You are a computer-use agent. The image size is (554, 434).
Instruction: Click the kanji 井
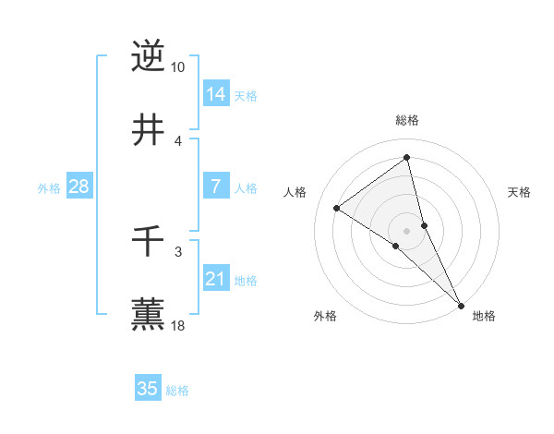[x=148, y=130]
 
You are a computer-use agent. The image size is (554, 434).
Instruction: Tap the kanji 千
[x=148, y=242]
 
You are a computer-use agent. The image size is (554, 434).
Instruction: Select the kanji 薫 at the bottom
[x=148, y=314]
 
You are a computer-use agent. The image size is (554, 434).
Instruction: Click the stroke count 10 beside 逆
[x=178, y=67]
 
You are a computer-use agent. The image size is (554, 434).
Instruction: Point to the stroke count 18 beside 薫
[x=178, y=326]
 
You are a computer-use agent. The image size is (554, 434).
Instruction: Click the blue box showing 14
[x=216, y=94]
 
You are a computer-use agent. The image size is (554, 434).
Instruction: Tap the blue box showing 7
[x=216, y=187]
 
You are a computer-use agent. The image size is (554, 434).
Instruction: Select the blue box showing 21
[x=216, y=279]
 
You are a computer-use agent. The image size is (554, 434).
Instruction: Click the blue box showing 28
[x=79, y=187]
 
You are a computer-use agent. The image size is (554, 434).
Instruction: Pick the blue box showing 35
[x=148, y=389]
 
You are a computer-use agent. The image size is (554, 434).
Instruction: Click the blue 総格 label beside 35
[x=177, y=391]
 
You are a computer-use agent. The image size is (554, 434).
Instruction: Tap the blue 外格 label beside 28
[x=49, y=188]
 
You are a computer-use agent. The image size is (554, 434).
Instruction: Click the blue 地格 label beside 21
[x=246, y=281]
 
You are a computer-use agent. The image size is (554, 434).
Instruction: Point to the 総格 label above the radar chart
[x=407, y=121]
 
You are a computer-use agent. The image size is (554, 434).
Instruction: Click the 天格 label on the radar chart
[x=520, y=192]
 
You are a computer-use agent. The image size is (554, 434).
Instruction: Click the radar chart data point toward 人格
[x=336, y=208]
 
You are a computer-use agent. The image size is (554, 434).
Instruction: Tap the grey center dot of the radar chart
[x=407, y=230]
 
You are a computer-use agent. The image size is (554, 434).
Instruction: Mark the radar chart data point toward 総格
[x=407, y=158]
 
